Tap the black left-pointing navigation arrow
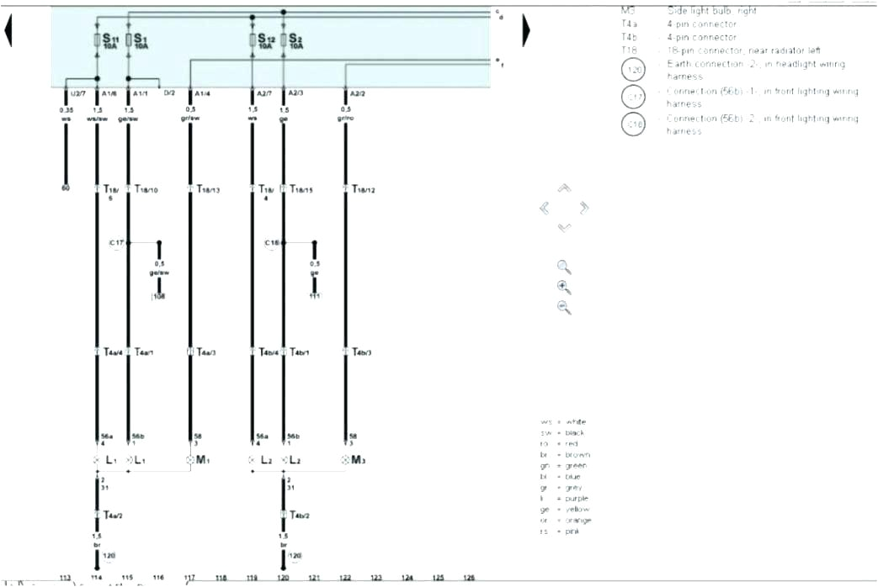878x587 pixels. coord(8,31)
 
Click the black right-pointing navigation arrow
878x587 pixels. coord(526,31)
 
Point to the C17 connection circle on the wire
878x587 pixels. coord(117,243)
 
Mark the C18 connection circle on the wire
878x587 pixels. coord(273,243)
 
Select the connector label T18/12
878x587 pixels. coord(363,190)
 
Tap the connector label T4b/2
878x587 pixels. coord(299,515)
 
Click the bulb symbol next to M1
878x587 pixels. coord(189,460)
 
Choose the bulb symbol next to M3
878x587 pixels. coord(345,460)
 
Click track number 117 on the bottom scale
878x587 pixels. coord(189,578)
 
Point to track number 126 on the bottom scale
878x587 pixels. coord(469,578)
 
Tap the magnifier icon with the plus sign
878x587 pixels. coord(564,287)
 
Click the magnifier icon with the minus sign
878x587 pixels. coord(564,307)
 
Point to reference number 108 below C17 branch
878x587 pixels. coord(158,296)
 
